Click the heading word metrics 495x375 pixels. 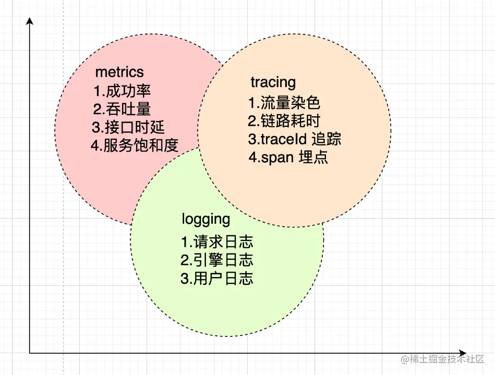click(x=119, y=71)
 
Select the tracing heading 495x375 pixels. click(x=273, y=82)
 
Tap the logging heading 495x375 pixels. click(x=206, y=219)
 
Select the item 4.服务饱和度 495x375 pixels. click(x=135, y=145)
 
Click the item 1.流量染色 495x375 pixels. click(x=284, y=102)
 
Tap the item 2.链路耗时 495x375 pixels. click(x=284, y=121)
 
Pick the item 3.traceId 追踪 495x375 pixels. click(x=295, y=139)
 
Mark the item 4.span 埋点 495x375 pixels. click(x=288, y=158)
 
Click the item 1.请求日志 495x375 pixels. click(x=217, y=242)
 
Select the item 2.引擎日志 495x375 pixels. click(x=217, y=260)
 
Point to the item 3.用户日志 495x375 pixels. click(x=217, y=279)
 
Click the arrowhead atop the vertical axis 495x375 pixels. click(x=30, y=21)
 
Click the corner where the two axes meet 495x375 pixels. click(x=30, y=353)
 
